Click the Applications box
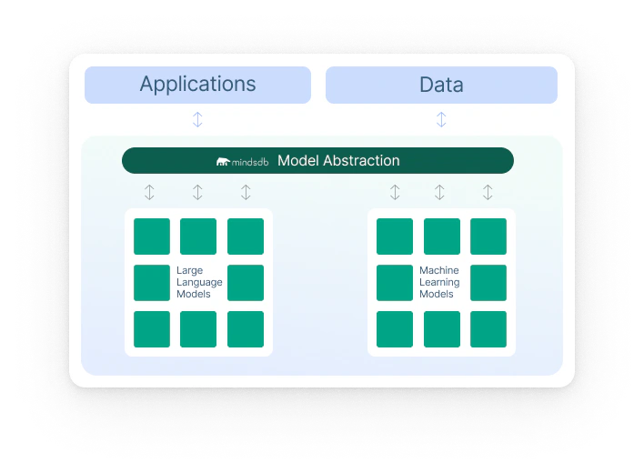click(x=197, y=85)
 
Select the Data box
click(x=441, y=85)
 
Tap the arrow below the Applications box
click(x=197, y=119)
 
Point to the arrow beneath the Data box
click(x=441, y=119)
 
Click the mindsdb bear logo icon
click(x=223, y=162)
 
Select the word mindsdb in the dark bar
click(x=250, y=162)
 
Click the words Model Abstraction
click(x=338, y=160)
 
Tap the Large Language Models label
click(x=199, y=282)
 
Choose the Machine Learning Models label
click(x=439, y=282)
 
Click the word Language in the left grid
click(x=199, y=283)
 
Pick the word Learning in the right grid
click(x=439, y=283)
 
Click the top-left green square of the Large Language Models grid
click(x=152, y=236)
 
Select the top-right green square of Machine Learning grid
click(x=488, y=236)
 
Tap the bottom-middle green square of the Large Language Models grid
click(x=198, y=329)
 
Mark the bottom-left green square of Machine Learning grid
click(x=395, y=329)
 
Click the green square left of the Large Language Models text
click(x=152, y=283)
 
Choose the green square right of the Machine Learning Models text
click(x=488, y=283)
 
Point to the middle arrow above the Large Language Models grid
click(x=197, y=192)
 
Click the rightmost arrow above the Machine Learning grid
click(x=488, y=192)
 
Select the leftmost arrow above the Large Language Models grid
click(x=149, y=192)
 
